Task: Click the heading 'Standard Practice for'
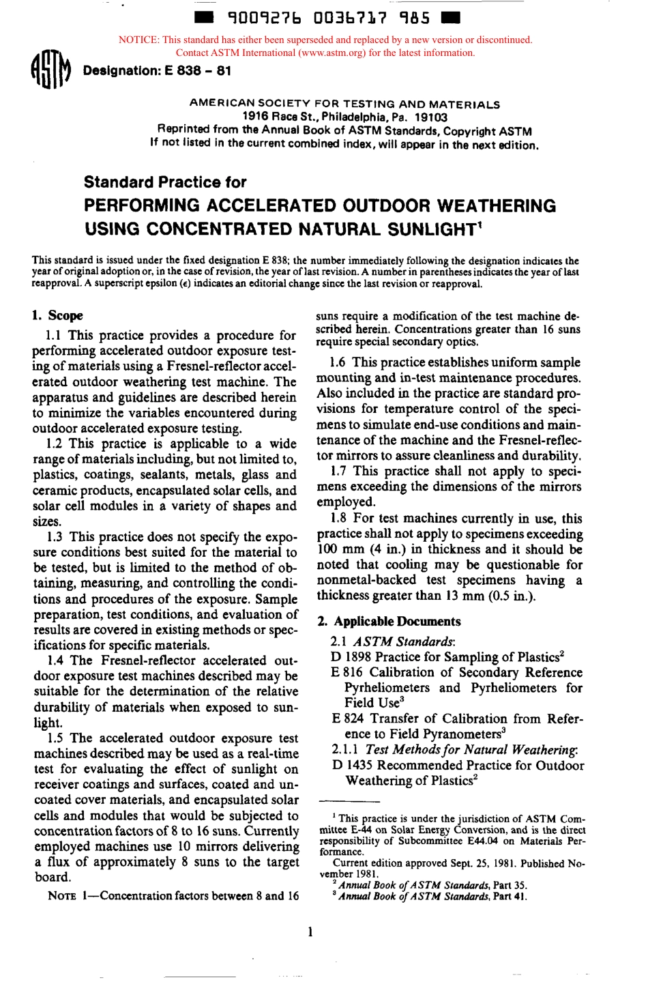[x=164, y=182]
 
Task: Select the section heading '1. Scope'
[x=57, y=315]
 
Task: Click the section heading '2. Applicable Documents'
[x=389, y=621]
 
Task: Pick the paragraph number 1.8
[x=339, y=519]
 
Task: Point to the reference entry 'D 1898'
[x=351, y=657]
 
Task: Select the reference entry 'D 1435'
[x=352, y=766]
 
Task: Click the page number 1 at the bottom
[x=310, y=931]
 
